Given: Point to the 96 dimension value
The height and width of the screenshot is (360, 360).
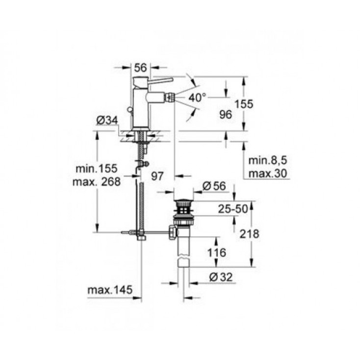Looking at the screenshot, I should pyautogui.click(x=225, y=114).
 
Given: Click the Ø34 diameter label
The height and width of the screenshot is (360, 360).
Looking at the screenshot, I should pyautogui.click(x=106, y=120).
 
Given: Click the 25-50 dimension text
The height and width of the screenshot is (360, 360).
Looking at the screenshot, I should pyautogui.click(x=233, y=209).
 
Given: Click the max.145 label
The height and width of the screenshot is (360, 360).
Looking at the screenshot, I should pyautogui.click(x=110, y=291).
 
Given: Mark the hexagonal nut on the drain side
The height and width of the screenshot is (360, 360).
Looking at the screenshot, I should pyautogui.click(x=172, y=231).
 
